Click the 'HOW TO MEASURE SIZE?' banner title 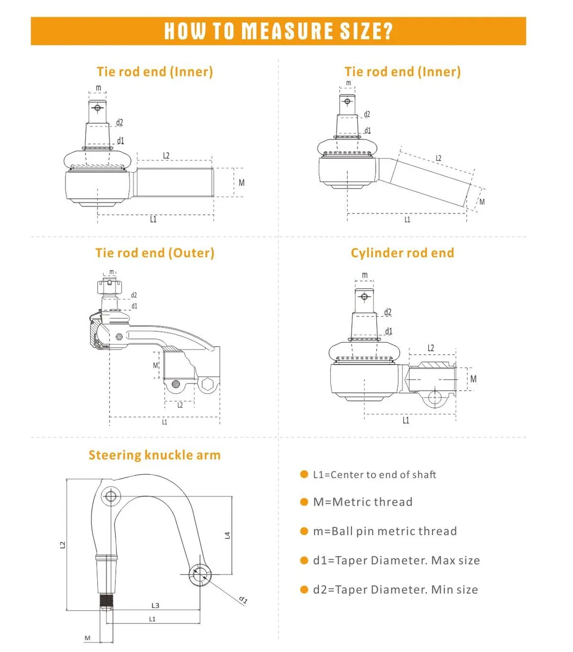click(x=278, y=31)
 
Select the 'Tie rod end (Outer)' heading click(x=155, y=253)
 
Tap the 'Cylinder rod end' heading click(x=402, y=253)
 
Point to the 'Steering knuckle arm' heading click(x=155, y=455)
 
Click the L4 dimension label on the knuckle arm click(x=228, y=535)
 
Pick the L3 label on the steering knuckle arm click(x=155, y=606)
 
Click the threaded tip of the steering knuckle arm click(x=106, y=600)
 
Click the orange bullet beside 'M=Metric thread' click(x=304, y=502)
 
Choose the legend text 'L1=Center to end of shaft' click(x=375, y=475)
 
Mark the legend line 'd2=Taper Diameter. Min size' click(x=395, y=589)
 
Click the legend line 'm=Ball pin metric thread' click(x=385, y=531)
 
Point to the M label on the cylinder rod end click(x=474, y=379)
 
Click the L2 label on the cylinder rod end click(x=431, y=348)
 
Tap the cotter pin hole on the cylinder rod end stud click(x=364, y=296)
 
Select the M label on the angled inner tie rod click(x=482, y=202)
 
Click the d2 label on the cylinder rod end click(x=388, y=312)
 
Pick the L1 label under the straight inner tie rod click(x=154, y=219)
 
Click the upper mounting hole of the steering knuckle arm click(x=112, y=496)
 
